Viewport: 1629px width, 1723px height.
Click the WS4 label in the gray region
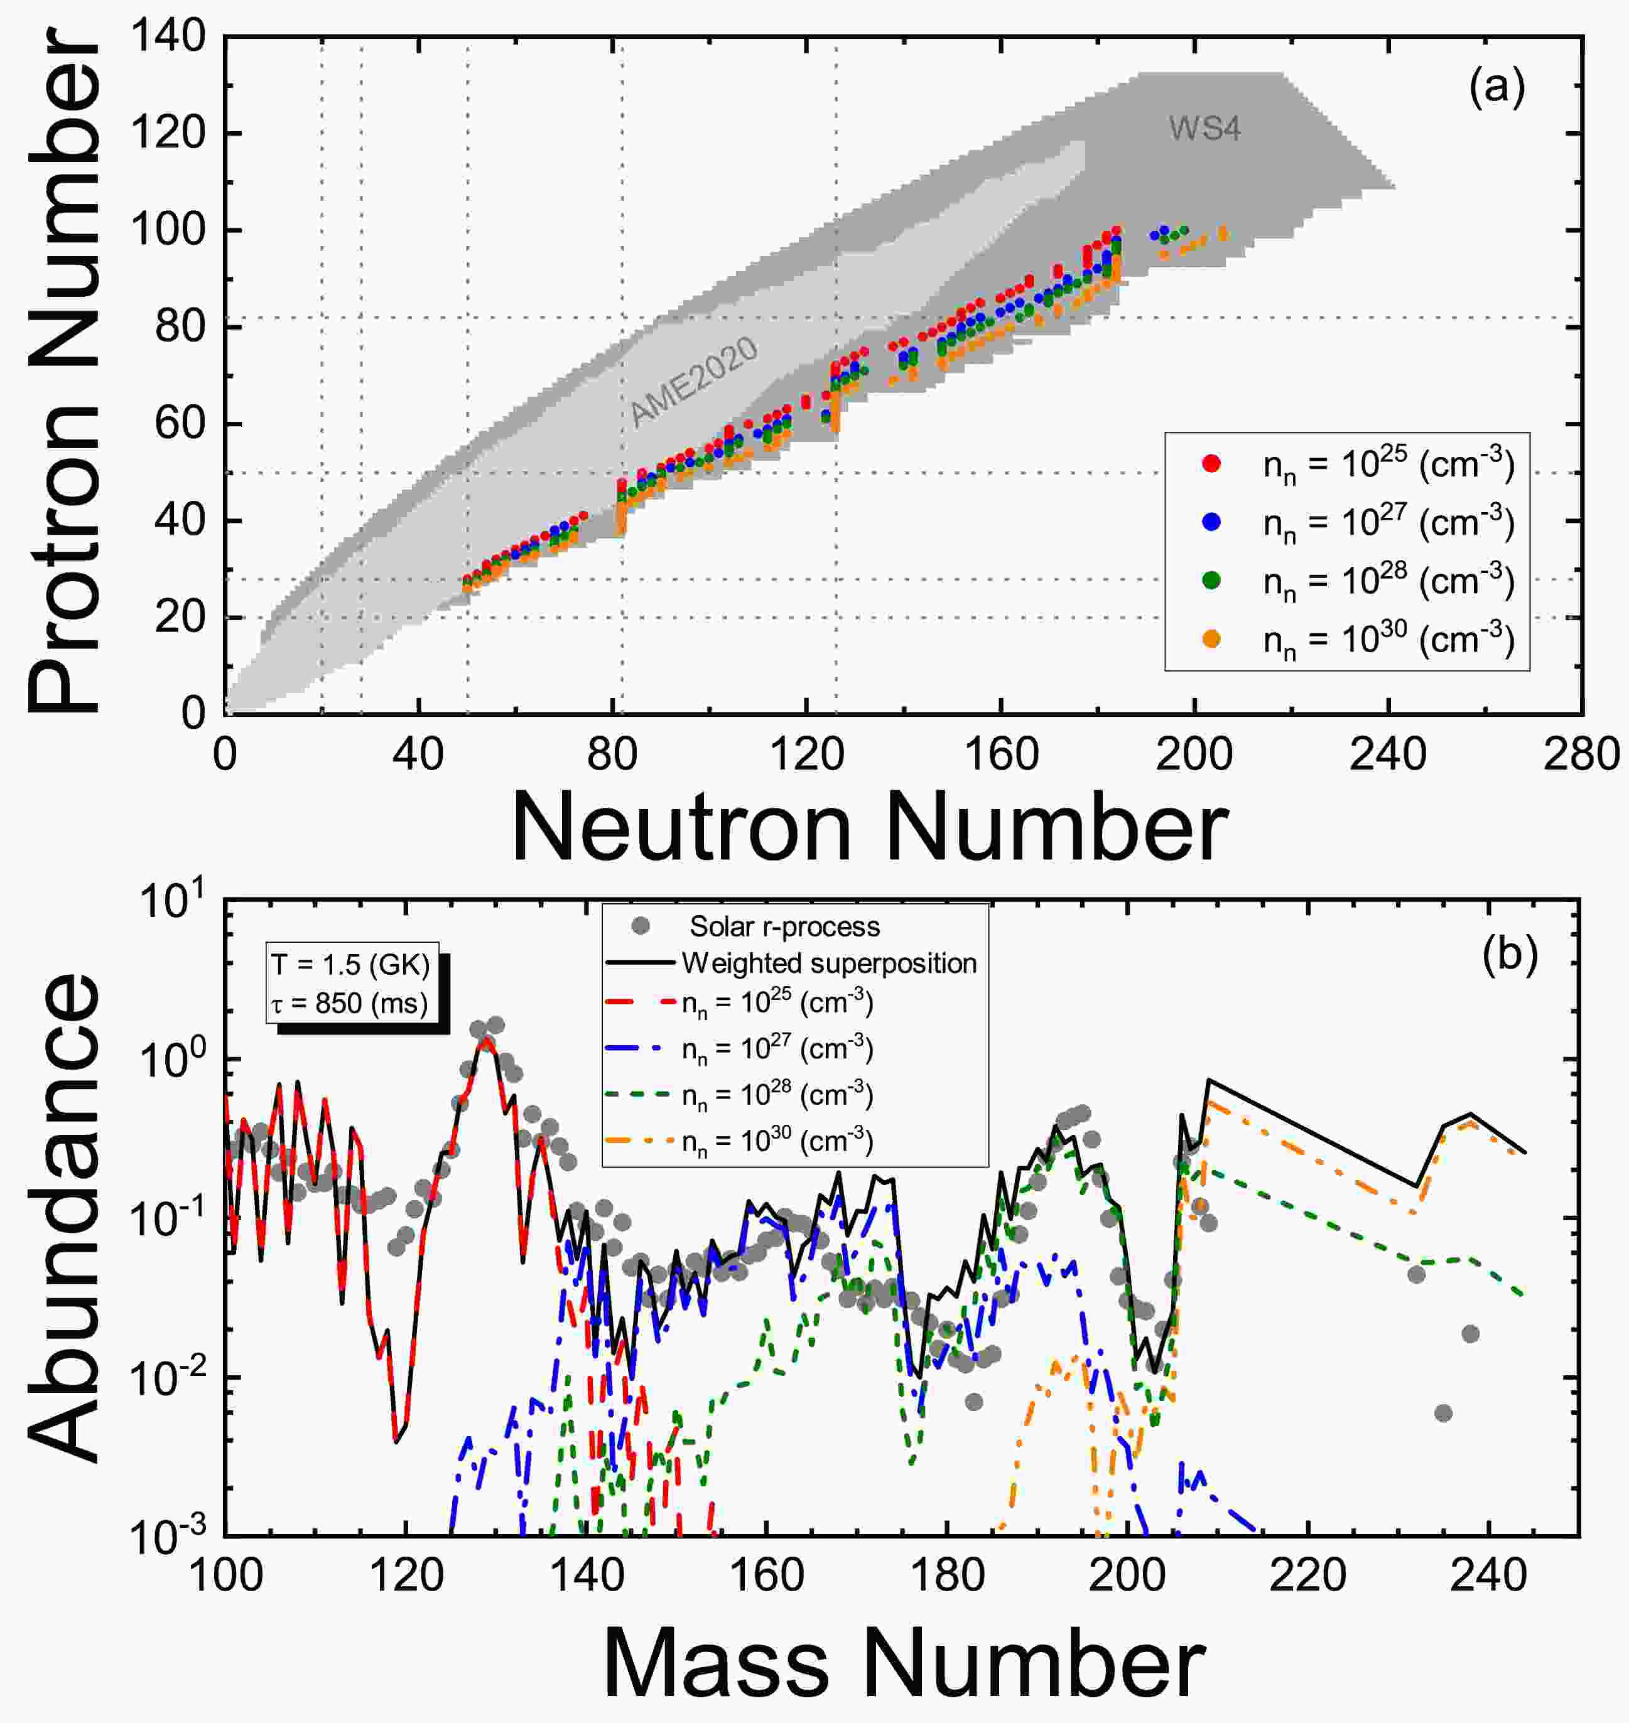[1204, 129]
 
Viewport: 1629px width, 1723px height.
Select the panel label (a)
[1496, 89]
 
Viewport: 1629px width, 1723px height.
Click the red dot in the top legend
[1212, 464]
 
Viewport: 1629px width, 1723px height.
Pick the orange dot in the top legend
[1212, 639]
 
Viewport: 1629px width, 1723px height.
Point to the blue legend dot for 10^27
[1212, 522]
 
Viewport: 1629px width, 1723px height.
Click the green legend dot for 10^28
[1212, 581]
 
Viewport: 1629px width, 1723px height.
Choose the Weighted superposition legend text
[830, 963]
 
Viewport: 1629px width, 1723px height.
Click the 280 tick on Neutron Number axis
[1582, 756]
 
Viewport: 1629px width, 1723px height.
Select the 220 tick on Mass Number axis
[1307, 1575]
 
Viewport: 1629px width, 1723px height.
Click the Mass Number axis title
[903, 1663]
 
